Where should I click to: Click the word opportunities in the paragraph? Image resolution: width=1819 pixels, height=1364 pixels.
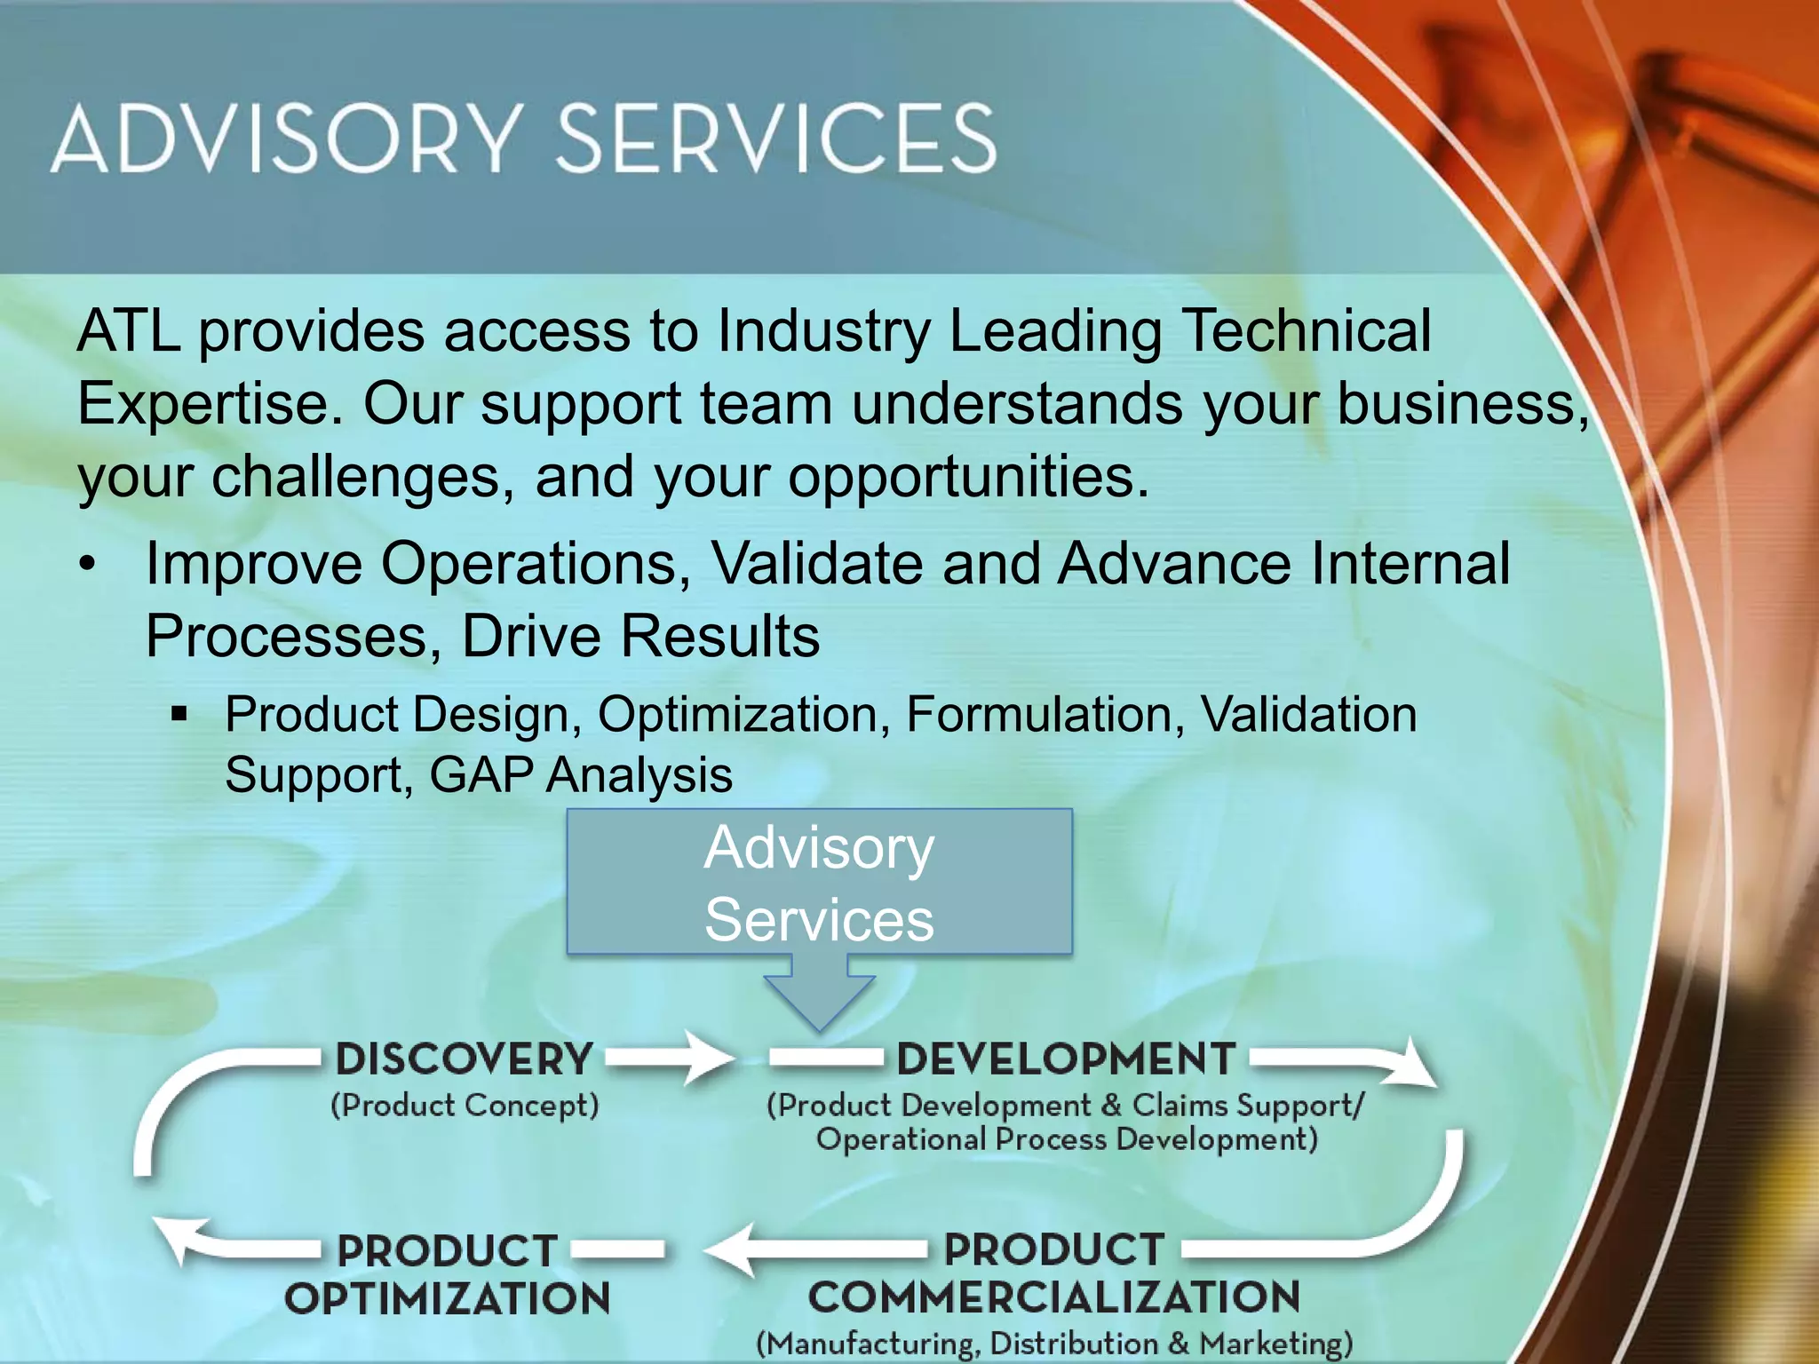click(x=966, y=478)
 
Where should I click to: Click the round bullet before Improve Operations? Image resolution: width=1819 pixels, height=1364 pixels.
click(x=87, y=565)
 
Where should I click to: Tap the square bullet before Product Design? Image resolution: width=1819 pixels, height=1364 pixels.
click(x=180, y=713)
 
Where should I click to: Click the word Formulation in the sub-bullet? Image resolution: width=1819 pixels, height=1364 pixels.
click(x=1045, y=714)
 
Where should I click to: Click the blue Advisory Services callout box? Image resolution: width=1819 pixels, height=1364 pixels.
click(x=819, y=881)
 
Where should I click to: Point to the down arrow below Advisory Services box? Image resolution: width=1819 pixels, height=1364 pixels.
click(x=819, y=995)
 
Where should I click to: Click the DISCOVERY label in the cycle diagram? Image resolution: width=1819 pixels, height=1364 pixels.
click(x=464, y=1059)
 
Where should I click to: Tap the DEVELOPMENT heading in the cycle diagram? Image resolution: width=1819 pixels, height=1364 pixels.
click(x=1066, y=1059)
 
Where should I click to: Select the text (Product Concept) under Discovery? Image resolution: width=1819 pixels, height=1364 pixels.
click(x=465, y=1106)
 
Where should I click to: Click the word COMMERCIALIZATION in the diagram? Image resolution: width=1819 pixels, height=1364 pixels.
click(x=1053, y=1297)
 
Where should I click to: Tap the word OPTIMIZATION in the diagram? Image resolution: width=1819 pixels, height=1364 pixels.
click(x=447, y=1299)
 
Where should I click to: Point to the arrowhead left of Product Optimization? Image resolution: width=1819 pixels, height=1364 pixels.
click(x=182, y=1240)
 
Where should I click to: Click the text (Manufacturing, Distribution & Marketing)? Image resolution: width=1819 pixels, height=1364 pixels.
click(x=1053, y=1344)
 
